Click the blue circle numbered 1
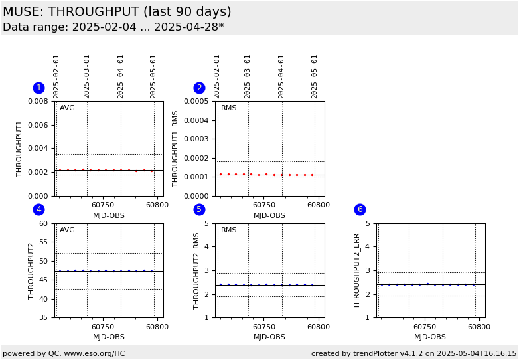point(38,88)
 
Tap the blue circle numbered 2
point(199,88)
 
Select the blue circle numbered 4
point(38,209)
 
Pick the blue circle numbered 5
point(199,209)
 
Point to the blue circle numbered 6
point(360,209)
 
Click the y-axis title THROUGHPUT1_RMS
point(175,148)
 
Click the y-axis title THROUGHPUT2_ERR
point(357,270)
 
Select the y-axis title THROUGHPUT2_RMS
point(196,270)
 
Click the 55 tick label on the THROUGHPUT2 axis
point(43,242)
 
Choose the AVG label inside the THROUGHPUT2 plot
point(67,230)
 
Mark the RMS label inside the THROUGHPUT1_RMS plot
point(228,108)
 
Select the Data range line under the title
point(113,27)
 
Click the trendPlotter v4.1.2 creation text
point(413,353)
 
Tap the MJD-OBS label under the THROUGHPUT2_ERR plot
point(430,337)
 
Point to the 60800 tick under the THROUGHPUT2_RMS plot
point(318,327)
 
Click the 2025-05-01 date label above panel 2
point(315,76)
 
